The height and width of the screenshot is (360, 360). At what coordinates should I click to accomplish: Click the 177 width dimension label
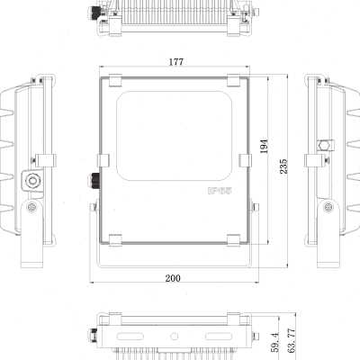(175, 62)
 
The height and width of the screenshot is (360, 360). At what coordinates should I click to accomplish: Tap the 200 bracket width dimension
(173, 278)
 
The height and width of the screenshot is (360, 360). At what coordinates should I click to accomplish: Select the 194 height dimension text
(264, 146)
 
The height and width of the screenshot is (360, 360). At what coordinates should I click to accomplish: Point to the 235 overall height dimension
(283, 166)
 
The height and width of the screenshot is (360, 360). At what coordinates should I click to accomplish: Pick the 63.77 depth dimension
(292, 340)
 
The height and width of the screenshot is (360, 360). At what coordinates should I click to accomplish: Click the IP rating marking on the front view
(220, 191)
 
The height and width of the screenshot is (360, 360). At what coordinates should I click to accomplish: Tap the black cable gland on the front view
(93, 179)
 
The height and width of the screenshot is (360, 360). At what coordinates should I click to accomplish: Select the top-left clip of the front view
(115, 80)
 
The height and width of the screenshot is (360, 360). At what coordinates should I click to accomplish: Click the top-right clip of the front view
(234, 80)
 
